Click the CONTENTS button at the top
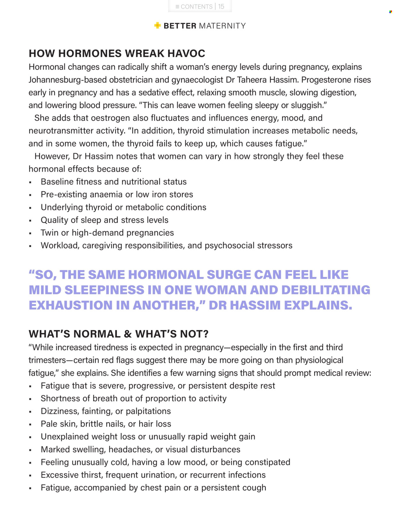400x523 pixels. click(x=194, y=6)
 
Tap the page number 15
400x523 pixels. click(x=221, y=6)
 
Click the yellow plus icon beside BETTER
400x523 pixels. click(x=157, y=26)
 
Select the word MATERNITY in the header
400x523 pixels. click(x=222, y=26)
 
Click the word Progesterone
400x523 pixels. click(x=326, y=80)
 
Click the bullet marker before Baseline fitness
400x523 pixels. click(x=30, y=182)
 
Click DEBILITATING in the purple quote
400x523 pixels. click(x=325, y=290)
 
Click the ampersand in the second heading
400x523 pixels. click(x=128, y=334)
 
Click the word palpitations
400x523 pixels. click(x=148, y=411)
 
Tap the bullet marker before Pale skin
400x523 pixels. click(x=30, y=425)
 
